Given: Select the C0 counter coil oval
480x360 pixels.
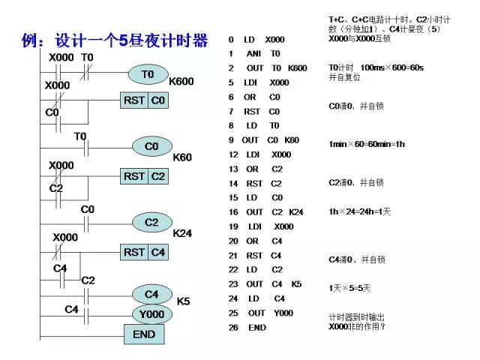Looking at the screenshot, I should click(x=151, y=146).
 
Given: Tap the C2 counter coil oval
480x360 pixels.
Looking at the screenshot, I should click(x=151, y=222).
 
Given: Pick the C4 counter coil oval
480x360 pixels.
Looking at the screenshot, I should click(x=151, y=294).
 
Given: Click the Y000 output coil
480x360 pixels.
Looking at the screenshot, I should click(x=151, y=313).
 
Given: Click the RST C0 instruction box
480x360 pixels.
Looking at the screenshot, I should click(x=145, y=100).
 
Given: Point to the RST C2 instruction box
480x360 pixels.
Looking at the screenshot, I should click(x=145, y=176).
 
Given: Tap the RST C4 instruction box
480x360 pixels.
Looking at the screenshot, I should click(x=145, y=253).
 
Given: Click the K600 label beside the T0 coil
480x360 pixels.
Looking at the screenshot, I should click(x=181, y=81).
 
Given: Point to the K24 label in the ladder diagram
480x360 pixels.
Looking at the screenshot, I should click(x=182, y=233).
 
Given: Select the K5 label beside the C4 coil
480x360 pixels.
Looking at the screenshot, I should click(x=183, y=301).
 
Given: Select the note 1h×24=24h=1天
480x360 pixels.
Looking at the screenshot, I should click(x=360, y=212).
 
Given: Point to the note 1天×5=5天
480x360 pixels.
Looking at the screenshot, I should click(x=349, y=288).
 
